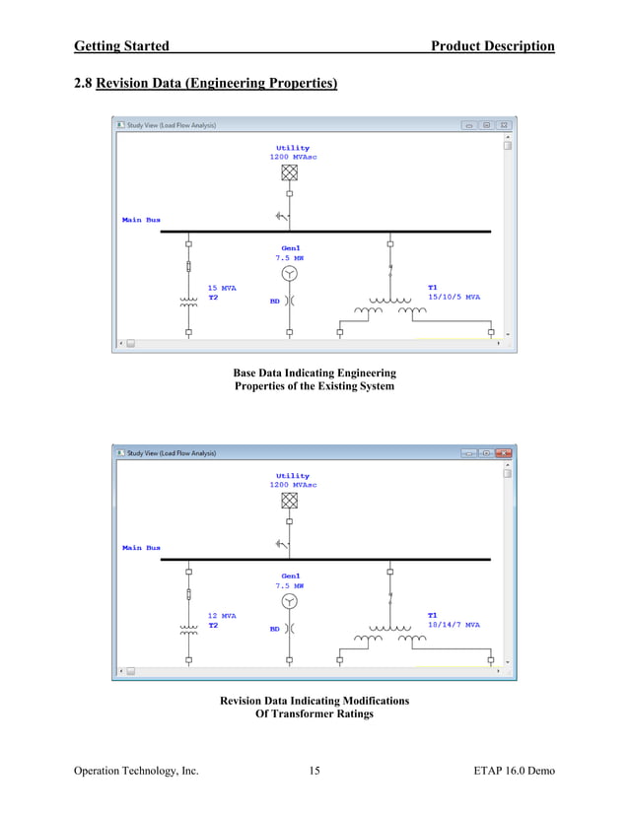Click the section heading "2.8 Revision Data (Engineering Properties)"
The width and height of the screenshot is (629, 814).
[206, 84]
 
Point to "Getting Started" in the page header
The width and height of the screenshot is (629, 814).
[121, 46]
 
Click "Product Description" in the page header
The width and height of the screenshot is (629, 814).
[493, 46]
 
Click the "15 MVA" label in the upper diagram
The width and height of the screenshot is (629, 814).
[222, 288]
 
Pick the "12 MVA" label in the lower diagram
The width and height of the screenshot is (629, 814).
[222, 616]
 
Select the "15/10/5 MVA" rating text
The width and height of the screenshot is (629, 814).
[454, 297]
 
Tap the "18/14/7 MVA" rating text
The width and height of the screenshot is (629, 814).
[454, 625]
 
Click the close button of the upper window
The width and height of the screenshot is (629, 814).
[504, 125]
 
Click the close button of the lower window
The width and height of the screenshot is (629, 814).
[504, 453]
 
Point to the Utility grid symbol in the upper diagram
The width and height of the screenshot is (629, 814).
[289, 172]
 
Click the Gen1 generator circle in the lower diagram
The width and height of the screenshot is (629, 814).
[289, 601]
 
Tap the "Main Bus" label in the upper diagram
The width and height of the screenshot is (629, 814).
[141, 220]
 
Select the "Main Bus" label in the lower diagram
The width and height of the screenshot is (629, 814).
[141, 548]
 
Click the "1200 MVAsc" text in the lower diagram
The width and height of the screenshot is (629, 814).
[293, 485]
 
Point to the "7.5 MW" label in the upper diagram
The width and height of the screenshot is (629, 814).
[290, 258]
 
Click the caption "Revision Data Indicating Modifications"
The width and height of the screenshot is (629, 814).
[314, 701]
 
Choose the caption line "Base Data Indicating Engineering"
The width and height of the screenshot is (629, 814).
[314, 373]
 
